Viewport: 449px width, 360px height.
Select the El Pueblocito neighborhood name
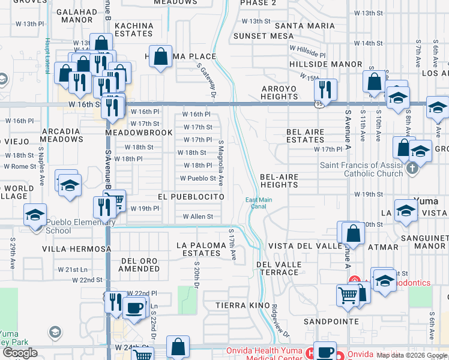click(x=191, y=197)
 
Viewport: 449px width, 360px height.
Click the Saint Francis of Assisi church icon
click(x=411, y=169)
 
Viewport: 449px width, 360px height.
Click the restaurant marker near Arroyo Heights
click(x=325, y=90)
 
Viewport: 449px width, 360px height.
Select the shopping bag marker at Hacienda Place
click(x=161, y=58)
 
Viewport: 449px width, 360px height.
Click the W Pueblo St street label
click(x=198, y=178)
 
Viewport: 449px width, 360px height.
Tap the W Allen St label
click(x=198, y=217)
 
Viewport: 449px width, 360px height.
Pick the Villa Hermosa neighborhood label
click(x=77, y=248)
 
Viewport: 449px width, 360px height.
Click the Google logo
click(x=19, y=353)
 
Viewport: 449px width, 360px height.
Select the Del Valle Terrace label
click(x=277, y=268)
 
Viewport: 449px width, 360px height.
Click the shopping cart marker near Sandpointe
click(x=348, y=296)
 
